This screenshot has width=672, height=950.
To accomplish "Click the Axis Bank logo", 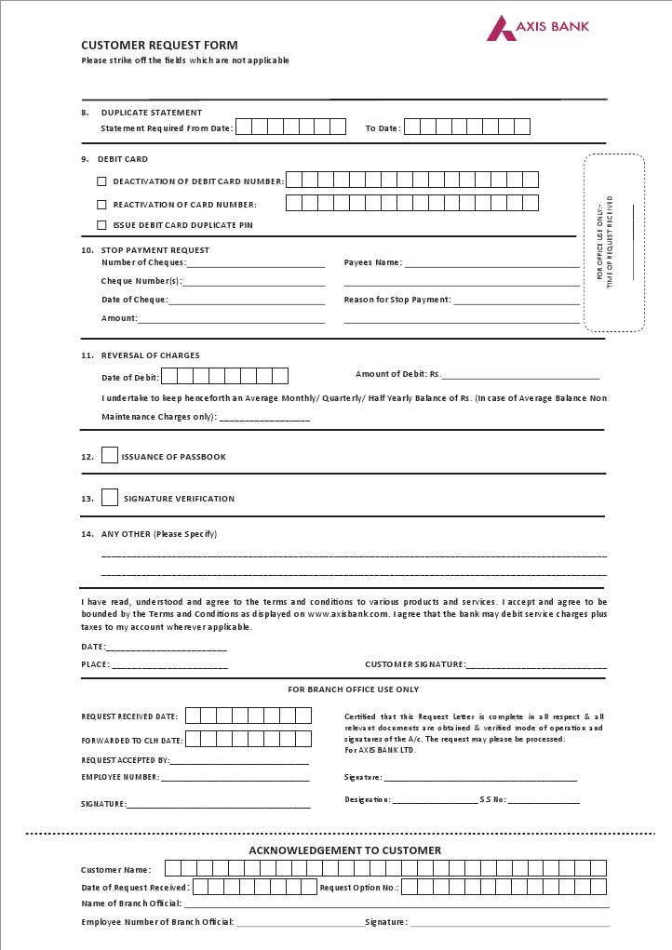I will (538, 28).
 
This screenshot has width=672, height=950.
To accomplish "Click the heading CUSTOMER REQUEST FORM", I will (159, 45).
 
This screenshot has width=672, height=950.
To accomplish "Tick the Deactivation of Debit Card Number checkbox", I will (101, 181).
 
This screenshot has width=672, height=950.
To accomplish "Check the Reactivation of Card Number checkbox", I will (101, 204).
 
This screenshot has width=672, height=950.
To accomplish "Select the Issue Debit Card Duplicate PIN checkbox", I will (101, 225).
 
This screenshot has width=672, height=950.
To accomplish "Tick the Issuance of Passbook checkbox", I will (110, 456).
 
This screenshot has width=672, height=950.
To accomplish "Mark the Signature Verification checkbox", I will (110, 498).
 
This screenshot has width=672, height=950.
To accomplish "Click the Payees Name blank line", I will (491, 265).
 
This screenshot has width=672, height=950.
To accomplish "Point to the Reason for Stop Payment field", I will (517, 302).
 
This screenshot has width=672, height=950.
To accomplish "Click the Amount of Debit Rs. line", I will (520, 377).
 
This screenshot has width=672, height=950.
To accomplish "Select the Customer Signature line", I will (536, 667).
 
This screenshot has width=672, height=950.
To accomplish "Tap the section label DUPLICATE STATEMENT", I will (152, 113).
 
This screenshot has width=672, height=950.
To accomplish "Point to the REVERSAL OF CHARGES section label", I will (151, 355).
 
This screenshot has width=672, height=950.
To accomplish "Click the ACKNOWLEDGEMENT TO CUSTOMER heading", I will (344, 850).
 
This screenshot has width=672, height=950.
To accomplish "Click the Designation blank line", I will (435, 802).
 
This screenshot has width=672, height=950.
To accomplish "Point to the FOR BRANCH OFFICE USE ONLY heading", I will (353, 689).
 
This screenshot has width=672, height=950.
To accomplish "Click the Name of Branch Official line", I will (396, 905).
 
